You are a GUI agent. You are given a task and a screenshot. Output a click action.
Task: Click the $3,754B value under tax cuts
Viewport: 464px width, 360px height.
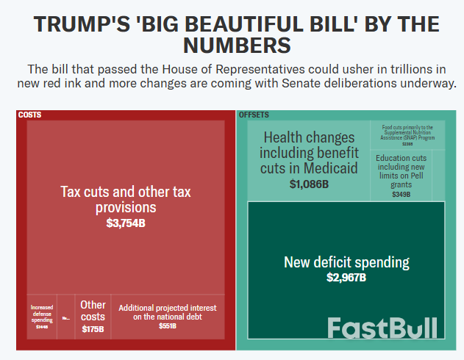point(125,223)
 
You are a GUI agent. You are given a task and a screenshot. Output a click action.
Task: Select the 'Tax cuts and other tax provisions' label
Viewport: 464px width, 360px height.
point(125,200)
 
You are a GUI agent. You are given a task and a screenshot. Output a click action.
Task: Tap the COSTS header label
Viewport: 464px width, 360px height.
point(29,115)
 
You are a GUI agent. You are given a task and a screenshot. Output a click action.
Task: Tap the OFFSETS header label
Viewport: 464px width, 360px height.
point(254,115)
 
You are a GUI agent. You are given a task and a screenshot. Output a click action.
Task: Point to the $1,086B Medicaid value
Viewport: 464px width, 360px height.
point(309,184)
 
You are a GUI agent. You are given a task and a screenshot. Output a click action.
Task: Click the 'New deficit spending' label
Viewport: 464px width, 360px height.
point(346,262)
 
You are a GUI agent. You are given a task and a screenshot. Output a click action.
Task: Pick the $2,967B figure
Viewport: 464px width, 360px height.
point(346,278)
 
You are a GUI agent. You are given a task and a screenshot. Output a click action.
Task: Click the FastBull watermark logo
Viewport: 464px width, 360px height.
point(382,328)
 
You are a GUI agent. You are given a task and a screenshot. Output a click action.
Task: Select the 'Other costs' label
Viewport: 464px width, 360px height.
point(93,310)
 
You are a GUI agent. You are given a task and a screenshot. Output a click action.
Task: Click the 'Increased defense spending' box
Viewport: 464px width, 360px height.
point(41,316)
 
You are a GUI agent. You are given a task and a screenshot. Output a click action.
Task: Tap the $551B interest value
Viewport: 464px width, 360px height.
point(168,325)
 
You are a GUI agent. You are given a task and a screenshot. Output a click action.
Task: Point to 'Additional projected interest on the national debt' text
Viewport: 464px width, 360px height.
point(168,312)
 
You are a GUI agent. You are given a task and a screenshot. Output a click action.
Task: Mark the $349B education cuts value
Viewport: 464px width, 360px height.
point(401,195)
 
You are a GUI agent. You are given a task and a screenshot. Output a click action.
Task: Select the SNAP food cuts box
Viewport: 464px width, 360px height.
point(407,134)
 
